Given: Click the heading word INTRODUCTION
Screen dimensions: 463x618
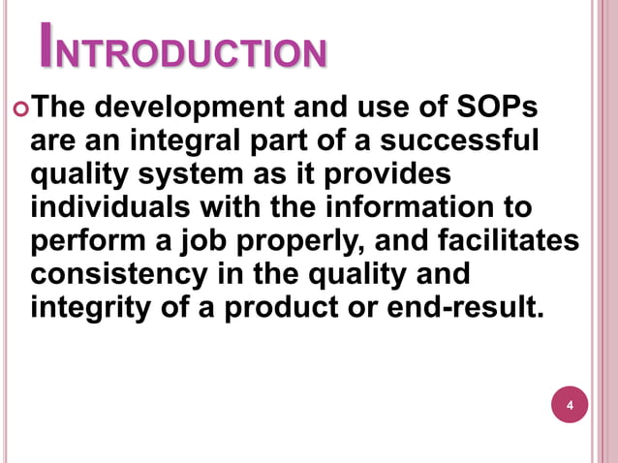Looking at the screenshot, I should [x=182, y=53].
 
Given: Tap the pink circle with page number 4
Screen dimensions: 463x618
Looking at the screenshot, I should [x=570, y=404].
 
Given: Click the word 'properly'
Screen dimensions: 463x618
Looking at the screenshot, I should [x=306, y=242].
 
